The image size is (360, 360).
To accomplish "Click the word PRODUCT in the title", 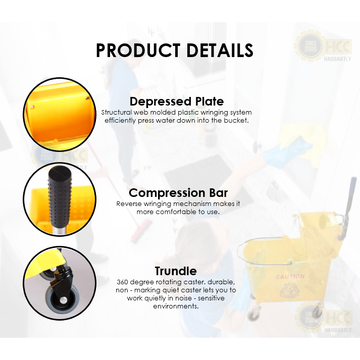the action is click(138, 50).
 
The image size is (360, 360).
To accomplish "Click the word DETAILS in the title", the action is click(220, 50).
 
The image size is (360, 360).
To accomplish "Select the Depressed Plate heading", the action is click(177, 101).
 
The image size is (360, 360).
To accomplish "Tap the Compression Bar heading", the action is click(178, 193).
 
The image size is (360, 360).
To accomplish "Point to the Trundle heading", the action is click(176, 271).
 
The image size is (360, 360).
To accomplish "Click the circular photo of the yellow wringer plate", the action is click(60, 114).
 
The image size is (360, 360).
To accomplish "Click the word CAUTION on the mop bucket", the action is click(290, 277).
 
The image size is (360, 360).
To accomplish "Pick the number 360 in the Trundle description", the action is click(122, 282).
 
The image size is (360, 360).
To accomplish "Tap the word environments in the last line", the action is click(176, 306).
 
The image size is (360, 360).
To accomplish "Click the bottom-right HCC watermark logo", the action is click(323, 318).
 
